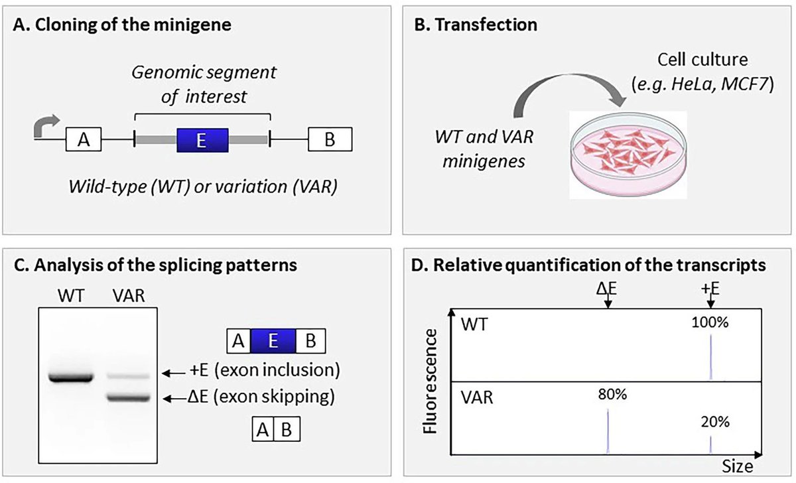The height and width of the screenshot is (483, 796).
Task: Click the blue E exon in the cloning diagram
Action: click(202, 140)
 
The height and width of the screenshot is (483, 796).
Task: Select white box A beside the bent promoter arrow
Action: click(83, 140)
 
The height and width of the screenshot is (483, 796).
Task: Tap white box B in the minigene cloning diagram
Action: click(330, 140)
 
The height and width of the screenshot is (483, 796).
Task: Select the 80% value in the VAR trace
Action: click(608, 395)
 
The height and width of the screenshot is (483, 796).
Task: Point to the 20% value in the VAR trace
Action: click(710, 422)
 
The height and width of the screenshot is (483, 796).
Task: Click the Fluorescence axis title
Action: click(432, 384)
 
